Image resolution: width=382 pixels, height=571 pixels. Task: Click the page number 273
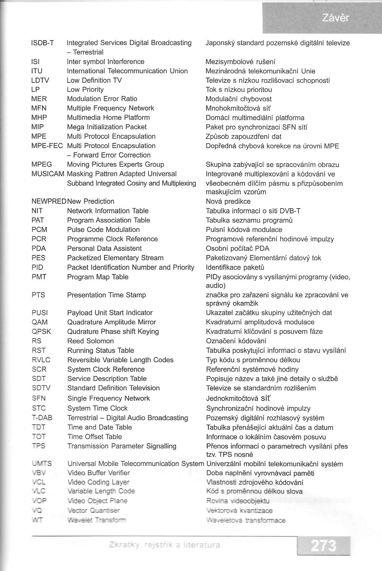(323, 546)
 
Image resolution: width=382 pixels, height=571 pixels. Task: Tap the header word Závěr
(335, 18)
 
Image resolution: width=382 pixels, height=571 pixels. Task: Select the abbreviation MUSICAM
(48, 174)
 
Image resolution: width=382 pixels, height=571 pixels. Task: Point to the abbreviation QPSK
(42, 331)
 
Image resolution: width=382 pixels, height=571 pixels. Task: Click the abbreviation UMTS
(42, 464)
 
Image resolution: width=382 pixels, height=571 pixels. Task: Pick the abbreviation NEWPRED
(49, 202)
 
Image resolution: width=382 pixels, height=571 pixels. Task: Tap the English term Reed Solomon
(90, 341)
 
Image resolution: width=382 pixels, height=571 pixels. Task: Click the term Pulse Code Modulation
(103, 230)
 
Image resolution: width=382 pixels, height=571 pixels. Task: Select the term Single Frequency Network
(108, 398)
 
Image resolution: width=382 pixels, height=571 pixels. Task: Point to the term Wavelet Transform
(97, 520)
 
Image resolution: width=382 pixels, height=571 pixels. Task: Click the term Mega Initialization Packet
(107, 127)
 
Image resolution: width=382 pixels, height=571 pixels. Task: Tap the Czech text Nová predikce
(228, 202)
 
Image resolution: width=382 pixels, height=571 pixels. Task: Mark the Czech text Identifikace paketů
(235, 267)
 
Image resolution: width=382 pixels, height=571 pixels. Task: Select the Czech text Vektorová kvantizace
(239, 511)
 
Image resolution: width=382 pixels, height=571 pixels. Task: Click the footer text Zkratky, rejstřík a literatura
(164, 545)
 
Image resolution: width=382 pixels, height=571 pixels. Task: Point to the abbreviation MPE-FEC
(47, 146)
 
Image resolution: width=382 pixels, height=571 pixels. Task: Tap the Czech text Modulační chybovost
(239, 99)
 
